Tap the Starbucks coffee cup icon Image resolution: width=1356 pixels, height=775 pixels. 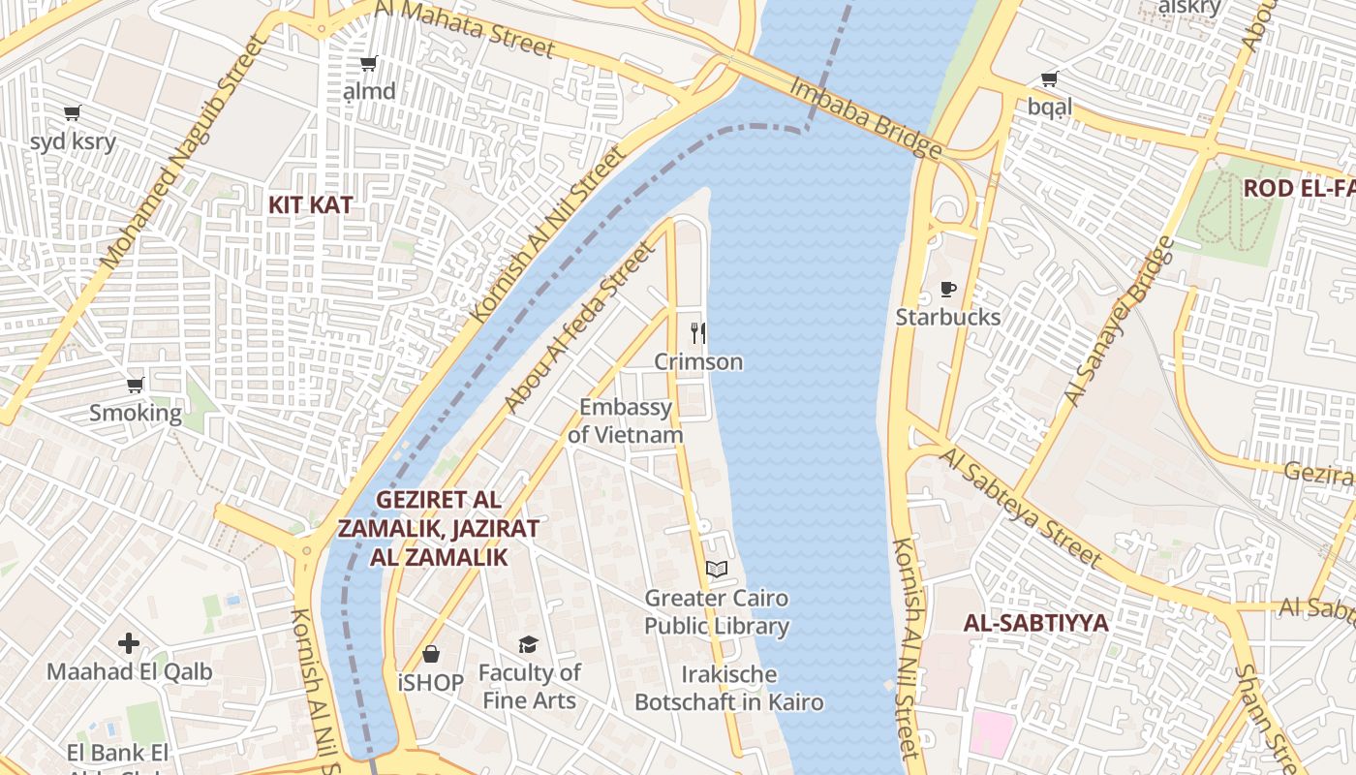click(948, 289)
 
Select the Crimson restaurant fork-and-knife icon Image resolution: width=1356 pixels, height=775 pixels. click(698, 332)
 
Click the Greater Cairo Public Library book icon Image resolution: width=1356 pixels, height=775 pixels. click(717, 569)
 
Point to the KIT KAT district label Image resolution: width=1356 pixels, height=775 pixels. click(310, 205)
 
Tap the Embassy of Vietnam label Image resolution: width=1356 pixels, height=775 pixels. click(626, 420)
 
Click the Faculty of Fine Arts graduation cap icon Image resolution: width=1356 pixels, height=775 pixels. click(528, 644)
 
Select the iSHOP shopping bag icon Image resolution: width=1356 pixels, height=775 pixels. click(431, 654)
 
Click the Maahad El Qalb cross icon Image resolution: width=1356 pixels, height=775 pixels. click(129, 643)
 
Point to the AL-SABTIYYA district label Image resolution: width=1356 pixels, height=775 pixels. click(1035, 623)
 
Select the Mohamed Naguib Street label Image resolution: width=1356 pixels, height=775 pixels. click(181, 152)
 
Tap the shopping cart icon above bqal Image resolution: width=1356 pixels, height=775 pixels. click(1049, 78)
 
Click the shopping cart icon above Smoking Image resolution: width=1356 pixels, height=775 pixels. click(136, 385)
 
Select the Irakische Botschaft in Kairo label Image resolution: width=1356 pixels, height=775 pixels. click(728, 689)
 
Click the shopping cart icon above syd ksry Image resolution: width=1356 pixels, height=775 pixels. click(72, 112)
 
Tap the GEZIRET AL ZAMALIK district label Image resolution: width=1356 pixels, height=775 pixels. click(439, 529)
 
